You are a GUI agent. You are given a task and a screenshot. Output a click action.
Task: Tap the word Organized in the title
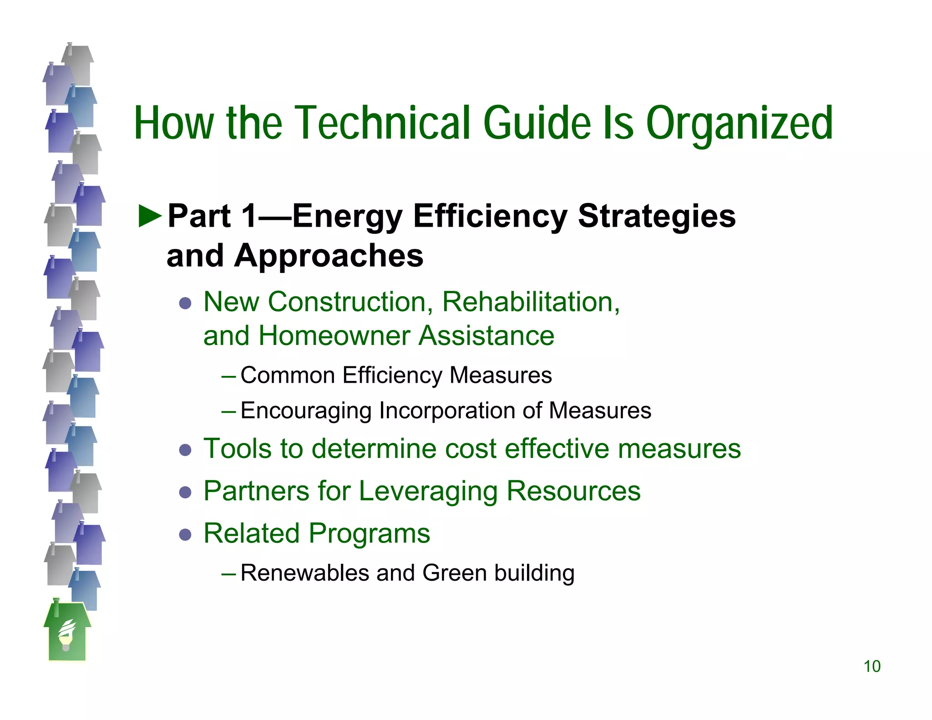coord(739,123)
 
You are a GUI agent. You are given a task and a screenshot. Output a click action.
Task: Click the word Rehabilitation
coord(531,302)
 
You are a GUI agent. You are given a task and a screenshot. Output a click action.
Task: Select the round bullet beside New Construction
coord(185,303)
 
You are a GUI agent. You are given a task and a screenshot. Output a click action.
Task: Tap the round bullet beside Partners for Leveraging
coord(185,492)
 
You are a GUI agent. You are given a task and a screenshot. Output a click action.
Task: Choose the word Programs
coord(370,533)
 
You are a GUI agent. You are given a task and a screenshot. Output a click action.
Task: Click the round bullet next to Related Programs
coord(185,534)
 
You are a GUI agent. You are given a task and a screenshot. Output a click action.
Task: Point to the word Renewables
coord(304,573)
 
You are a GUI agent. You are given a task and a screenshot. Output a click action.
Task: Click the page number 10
coord(872,666)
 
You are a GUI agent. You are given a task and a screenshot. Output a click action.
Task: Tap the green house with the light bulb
coord(67,633)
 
